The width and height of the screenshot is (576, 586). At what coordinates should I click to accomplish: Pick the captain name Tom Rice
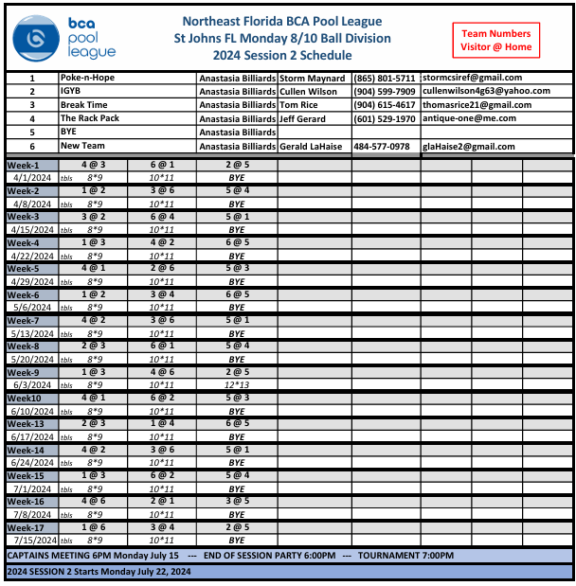pyautogui.click(x=298, y=105)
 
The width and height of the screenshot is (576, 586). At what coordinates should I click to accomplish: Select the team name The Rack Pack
pyautogui.click(x=87, y=118)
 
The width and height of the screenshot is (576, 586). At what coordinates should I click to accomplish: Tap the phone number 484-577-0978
pyautogui.click(x=382, y=147)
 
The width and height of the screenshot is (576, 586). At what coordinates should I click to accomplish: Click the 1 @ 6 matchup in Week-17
pyautogui.click(x=94, y=526)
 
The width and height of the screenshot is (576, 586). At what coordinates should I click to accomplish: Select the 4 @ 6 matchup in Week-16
pyautogui.click(x=94, y=501)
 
